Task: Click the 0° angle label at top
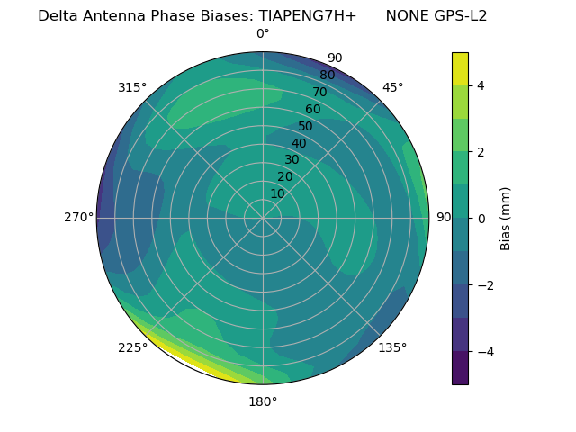[x=263, y=34]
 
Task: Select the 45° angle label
[x=392, y=88]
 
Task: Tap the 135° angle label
[x=392, y=347]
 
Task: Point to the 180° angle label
[x=263, y=401]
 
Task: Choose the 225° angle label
[x=132, y=348]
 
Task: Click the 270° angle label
[x=79, y=218]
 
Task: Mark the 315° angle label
[x=132, y=88]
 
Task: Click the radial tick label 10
[x=277, y=193]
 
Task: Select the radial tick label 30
[x=292, y=160]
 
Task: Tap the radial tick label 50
[x=306, y=126]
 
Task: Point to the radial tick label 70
[x=319, y=93]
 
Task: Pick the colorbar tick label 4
[x=481, y=86]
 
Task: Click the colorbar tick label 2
[x=481, y=152]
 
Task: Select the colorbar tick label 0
[x=481, y=219]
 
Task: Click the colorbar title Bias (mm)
[x=506, y=219]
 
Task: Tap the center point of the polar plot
[x=263, y=218]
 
